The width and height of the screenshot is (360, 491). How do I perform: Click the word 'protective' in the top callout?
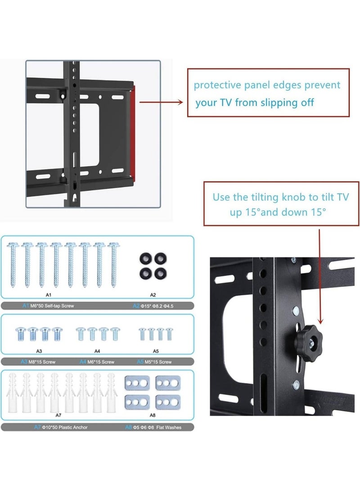click(215, 85)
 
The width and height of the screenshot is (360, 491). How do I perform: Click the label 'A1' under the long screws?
click(49, 295)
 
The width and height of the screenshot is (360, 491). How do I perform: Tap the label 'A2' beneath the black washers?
click(153, 295)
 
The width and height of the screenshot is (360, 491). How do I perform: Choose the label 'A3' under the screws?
click(39, 351)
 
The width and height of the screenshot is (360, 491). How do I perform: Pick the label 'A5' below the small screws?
click(156, 351)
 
